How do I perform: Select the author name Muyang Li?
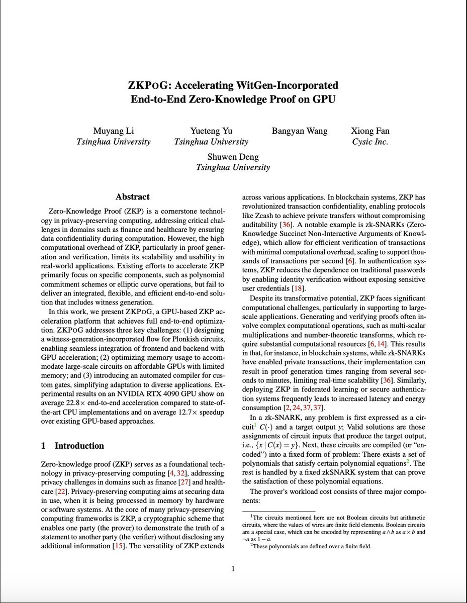pyautogui.click(x=113, y=131)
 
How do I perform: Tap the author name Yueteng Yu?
pyautogui.click(x=211, y=131)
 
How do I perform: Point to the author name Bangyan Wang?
pyautogui.click(x=300, y=131)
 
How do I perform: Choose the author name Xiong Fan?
pyautogui.click(x=370, y=131)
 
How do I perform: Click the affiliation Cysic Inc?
pyautogui.click(x=370, y=142)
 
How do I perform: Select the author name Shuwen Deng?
pyautogui.click(x=233, y=157)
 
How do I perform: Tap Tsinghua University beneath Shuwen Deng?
pyautogui.click(x=233, y=168)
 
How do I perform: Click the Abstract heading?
pyautogui.click(x=132, y=197)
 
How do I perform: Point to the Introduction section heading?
pyautogui.click(x=79, y=446)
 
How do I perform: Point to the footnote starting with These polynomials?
pyautogui.click(x=311, y=546)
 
